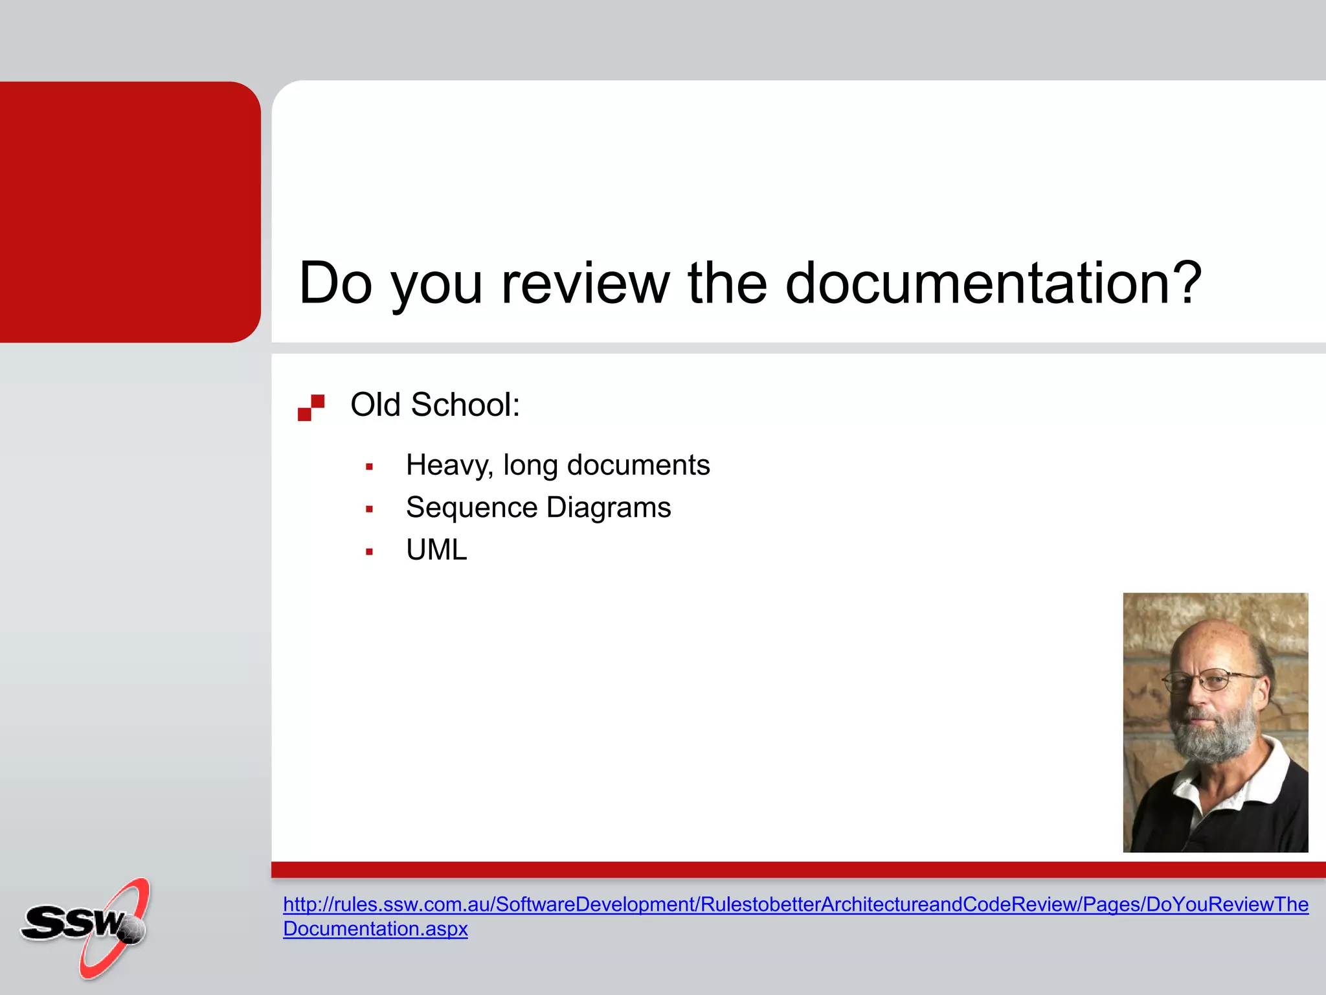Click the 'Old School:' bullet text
pyautogui.click(x=435, y=405)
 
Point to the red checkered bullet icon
pyautogui.click(x=311, y=407)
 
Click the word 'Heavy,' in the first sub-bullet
pyautogui.click(x=449, y=466)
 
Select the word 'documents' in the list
pyautogui.click(x=638, y=466)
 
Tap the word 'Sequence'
pyautogui.click(x=471, y=508)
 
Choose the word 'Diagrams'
pyautogui.click(x=609, y=508)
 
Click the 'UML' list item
pyautogui.click(x=436, y=550)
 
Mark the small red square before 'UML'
pyautogui.click(x=369, y=552)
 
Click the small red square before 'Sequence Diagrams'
pyautogui.click(x=369, y=509)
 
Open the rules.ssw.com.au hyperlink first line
pyautogui.click(x=795, y=904)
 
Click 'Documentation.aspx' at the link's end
pyautogui.click(x=375, y=929)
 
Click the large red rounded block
pyautogui.click(x=129, y=212)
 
